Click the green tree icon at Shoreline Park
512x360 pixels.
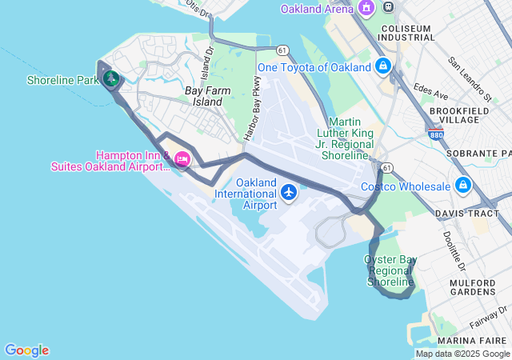click(110, 78)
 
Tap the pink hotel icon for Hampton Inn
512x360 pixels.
click(182, 160)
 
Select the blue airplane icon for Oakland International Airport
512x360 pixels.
click(289, 192)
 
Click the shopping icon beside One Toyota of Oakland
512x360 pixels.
click(383, 66)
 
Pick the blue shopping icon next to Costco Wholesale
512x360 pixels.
click(462, 186)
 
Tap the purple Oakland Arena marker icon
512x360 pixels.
click(366, 8)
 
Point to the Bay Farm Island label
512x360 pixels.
click(202, 96)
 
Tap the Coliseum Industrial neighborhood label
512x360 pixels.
click(406, 33)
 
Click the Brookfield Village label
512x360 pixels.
click(454, 114)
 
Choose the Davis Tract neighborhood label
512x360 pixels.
click(466, 214)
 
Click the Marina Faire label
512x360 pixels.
click(477, 339)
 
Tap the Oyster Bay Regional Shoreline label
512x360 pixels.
click(391, 271)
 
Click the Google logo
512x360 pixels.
click(26, 350)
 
